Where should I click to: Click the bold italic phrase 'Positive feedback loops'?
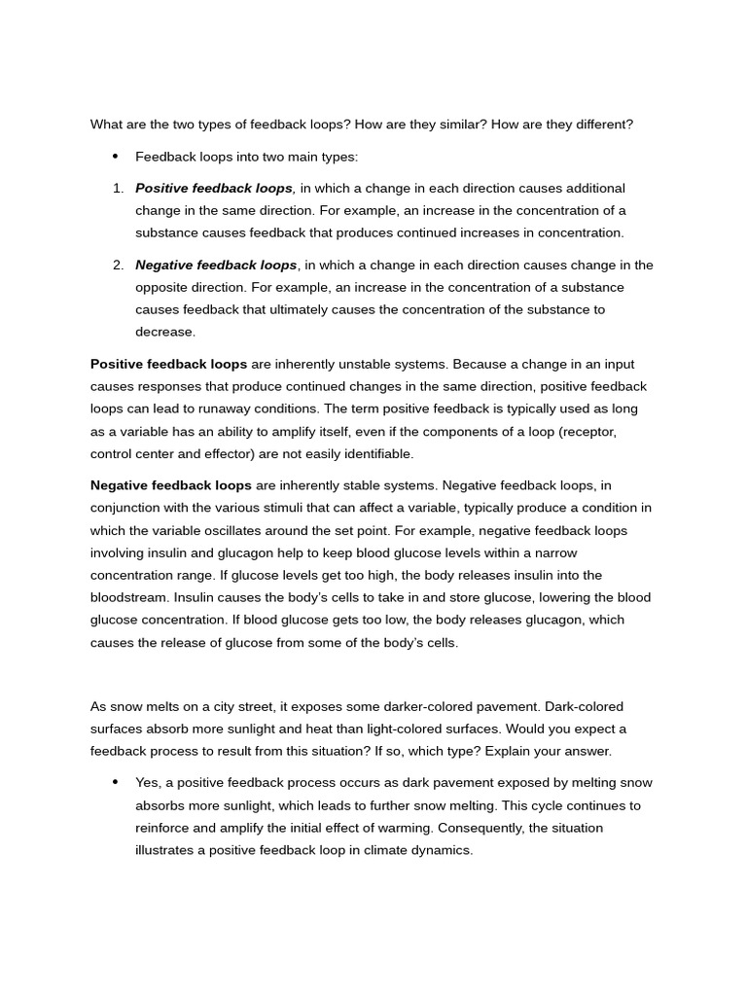(214, 188)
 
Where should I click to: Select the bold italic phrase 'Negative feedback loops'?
(216, 265)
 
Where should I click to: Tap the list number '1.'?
(118, 188)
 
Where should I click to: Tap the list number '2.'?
(118, 265)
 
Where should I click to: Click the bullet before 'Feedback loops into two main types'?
(115, 157)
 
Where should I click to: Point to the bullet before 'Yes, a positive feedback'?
(115, 783)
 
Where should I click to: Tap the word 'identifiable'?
(376, 453)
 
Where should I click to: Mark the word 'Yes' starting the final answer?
(147, 783)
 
